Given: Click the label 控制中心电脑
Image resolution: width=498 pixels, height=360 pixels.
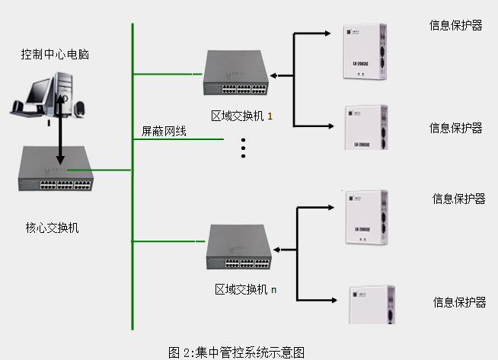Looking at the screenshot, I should click(59, 54).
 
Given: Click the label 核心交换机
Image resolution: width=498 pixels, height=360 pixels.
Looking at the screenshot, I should click(52, 228).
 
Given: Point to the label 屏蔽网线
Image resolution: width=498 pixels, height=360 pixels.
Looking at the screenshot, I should click(164, 131).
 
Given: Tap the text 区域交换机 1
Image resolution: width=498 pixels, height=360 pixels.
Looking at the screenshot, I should click(241, 116).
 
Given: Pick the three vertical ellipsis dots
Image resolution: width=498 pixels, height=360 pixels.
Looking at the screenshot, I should click(244, 148).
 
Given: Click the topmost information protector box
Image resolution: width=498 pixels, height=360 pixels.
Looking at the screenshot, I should click(368, 53).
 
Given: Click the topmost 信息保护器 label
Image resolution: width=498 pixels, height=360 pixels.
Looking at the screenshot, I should click(455, 24).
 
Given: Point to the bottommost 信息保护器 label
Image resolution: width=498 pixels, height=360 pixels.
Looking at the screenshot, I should click(459, 302).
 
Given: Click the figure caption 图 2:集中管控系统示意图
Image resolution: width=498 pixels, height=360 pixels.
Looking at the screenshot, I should click(237, 352).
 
